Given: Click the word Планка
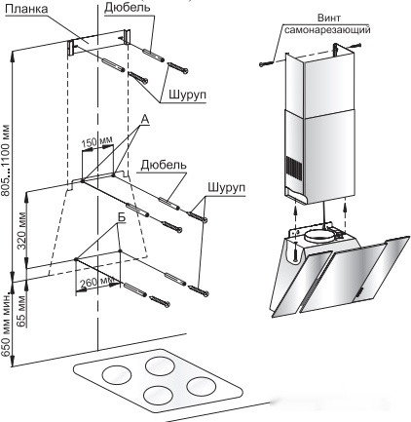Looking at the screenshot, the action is pos(26,9).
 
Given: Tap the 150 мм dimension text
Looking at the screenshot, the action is pos(96,141).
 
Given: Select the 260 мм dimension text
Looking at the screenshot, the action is pos(97,282).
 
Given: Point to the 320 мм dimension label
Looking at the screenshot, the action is pos(21,230).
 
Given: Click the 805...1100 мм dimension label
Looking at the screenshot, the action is pos(5,160).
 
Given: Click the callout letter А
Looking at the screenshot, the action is pos(145,120).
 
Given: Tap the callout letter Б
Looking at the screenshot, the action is pos(121,218).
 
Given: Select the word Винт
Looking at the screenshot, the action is pos(328,18).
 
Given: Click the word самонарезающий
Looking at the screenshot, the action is pos(327,30).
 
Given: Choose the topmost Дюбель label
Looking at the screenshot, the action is pos(128,8).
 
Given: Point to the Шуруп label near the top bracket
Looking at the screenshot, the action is pos(187,96).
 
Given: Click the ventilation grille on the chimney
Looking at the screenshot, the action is pos(294,171).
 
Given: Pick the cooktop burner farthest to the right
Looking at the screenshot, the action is pos(202,387).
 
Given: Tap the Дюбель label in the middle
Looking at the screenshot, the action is pos(164,166).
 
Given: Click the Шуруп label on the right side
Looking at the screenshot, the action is pos(226,188).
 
